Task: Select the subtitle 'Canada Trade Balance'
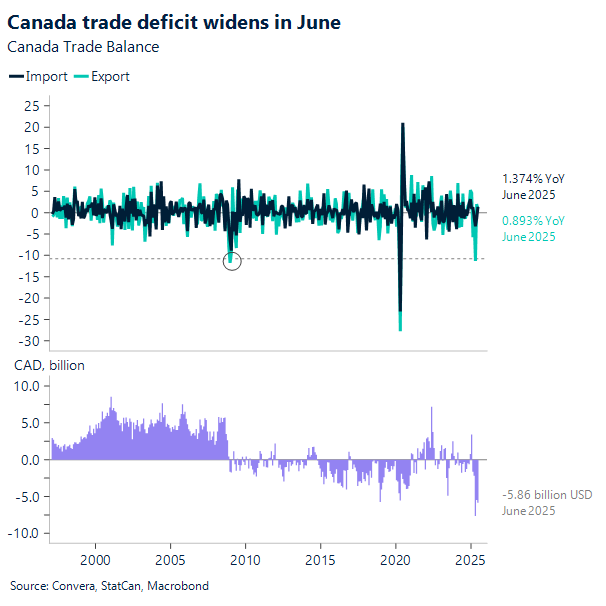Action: tap(83, 46)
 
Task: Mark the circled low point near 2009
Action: tap(231, 261)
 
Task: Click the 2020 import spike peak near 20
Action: tap(402, 124)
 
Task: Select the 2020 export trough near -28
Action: tap(400, 328)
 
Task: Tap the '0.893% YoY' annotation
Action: tap(533, 220)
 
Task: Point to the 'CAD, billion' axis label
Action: tap(48, 365)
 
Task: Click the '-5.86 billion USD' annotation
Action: tap(549, 494)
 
